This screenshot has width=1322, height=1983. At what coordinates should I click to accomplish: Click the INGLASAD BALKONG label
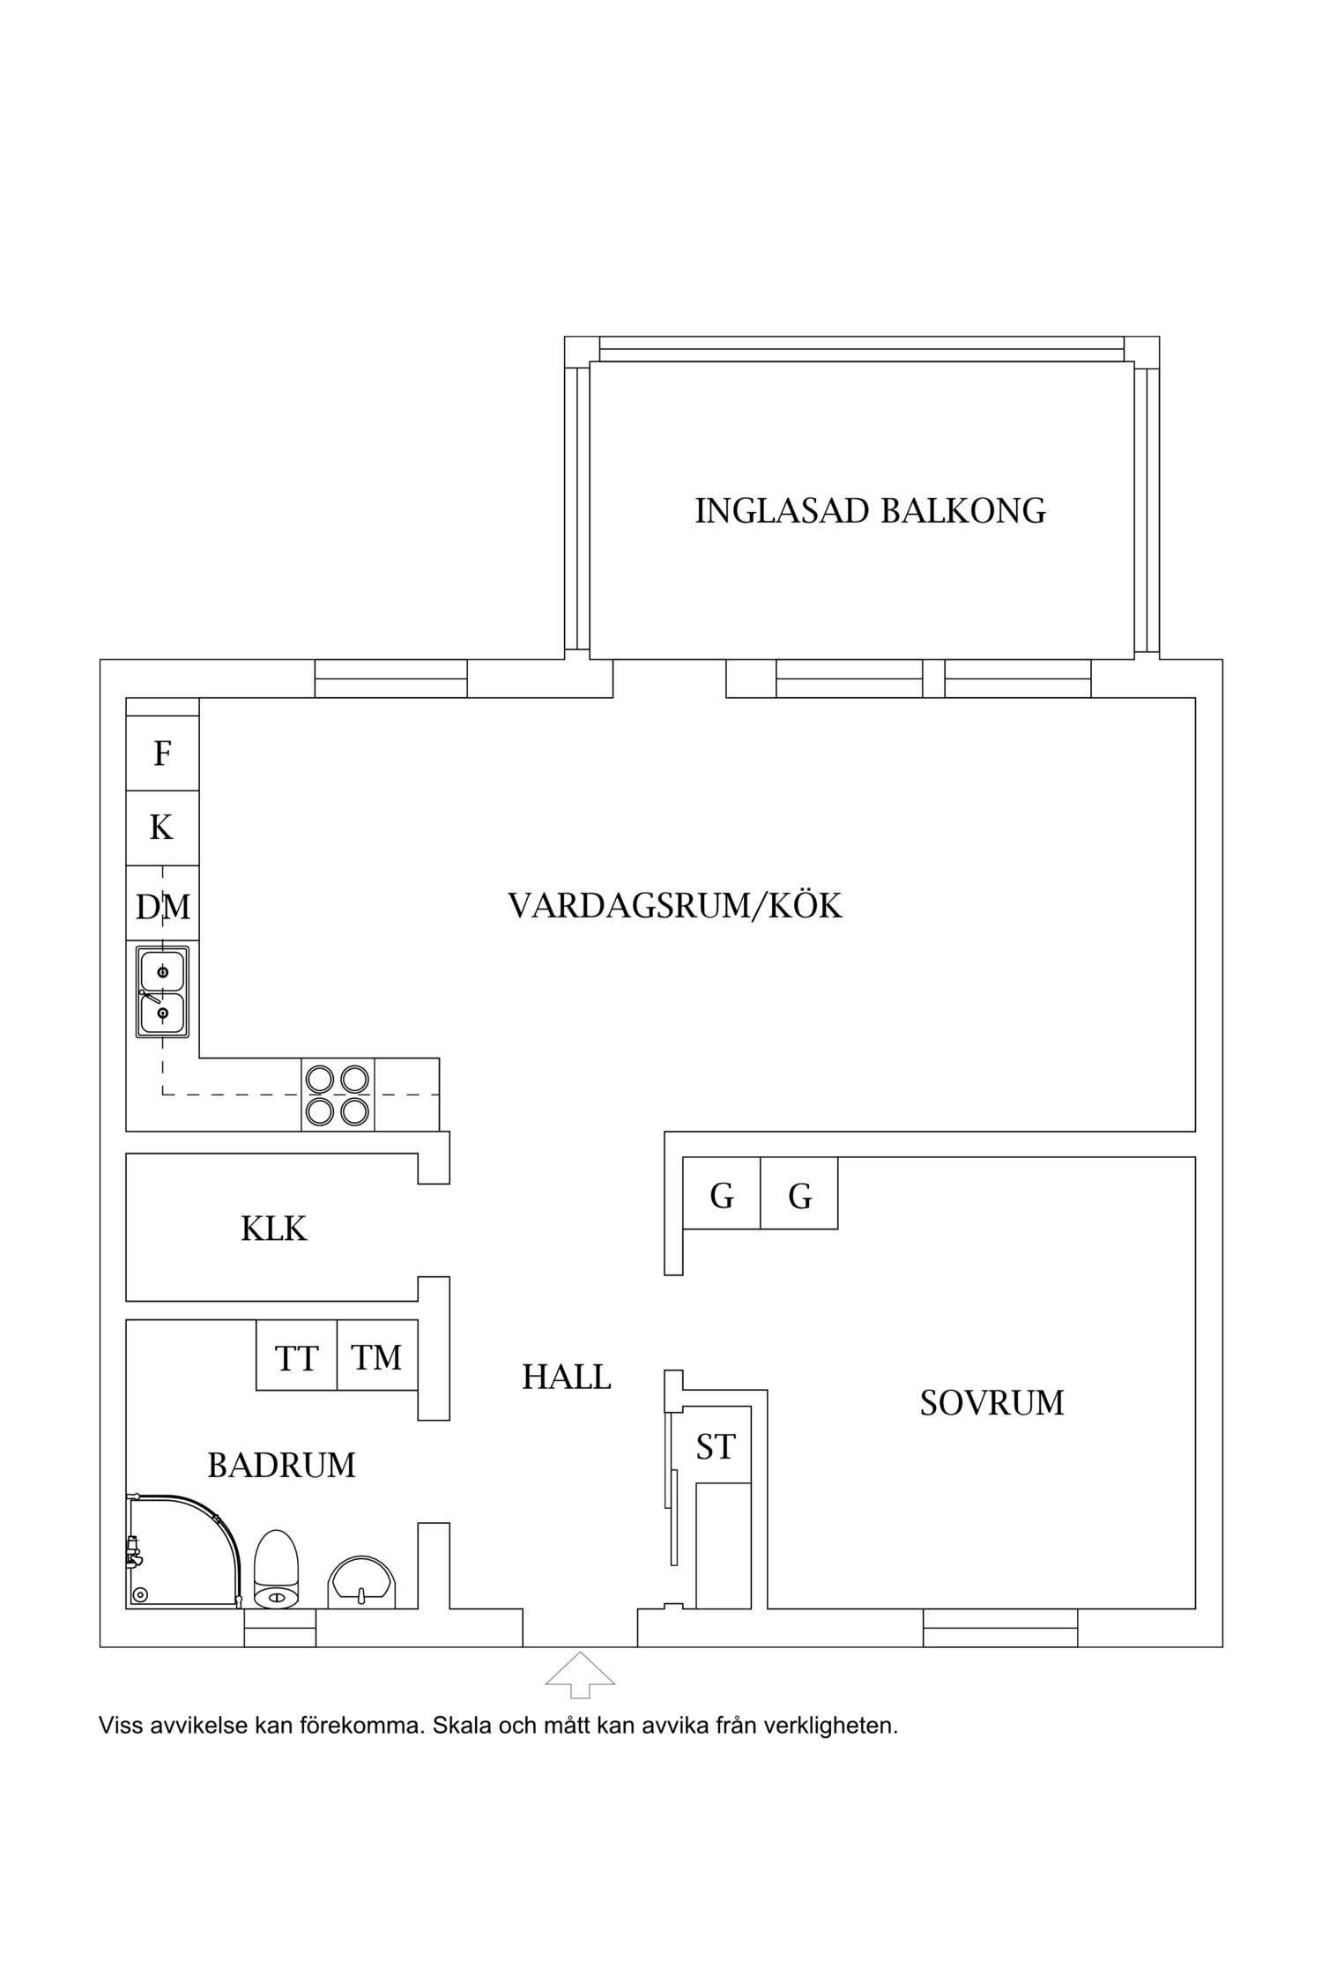click(870, 511)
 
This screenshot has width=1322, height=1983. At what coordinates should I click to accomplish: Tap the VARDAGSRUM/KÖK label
click(675, 906)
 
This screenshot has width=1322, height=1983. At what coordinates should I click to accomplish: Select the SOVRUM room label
click(991, 1402)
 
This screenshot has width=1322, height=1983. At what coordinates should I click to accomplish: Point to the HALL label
click(566, 1377)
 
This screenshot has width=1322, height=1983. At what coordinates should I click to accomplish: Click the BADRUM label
click(281, 1465)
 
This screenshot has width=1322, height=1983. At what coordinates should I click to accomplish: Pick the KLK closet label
click(273, 1229)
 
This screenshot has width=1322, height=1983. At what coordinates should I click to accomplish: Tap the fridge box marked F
click(162, 754)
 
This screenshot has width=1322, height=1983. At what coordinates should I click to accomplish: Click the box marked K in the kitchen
click(162, 828)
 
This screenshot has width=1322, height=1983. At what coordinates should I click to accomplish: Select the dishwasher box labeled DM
click(162, 906)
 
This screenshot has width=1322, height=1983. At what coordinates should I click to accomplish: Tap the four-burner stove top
click(338, 1095)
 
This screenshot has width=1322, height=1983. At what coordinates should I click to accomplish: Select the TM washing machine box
click(376, 1358)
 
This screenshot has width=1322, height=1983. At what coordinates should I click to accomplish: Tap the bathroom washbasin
click(362, 1581)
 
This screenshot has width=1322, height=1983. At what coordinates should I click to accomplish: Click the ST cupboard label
click(715, 1446)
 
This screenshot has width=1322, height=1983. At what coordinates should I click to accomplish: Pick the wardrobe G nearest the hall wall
click(722, 1196)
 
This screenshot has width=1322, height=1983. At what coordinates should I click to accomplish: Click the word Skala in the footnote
click(463, 1725)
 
